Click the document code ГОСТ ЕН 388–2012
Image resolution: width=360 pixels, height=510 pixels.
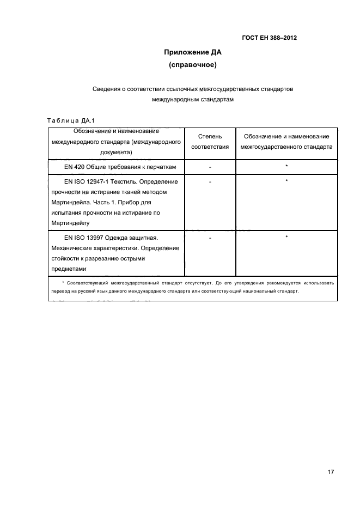coord(270,38)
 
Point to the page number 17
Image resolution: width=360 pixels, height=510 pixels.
coord(331,472)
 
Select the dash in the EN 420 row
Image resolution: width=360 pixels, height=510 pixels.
coord(210,166)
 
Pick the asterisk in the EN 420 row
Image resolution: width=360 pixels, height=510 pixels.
coord(286,166)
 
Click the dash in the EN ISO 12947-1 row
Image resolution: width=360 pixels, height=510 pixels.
coord(210,182)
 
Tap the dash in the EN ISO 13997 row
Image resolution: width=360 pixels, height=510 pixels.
coord(210,238)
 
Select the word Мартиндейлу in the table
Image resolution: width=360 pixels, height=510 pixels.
coord(70,223)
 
